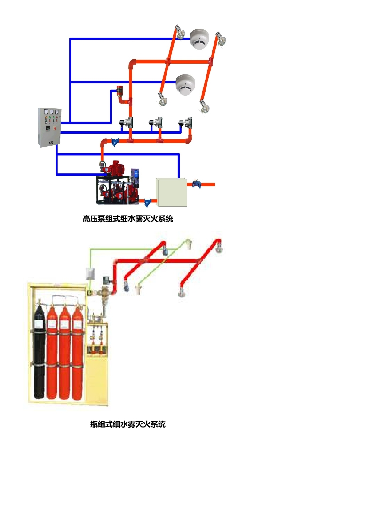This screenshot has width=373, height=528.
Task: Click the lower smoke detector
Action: click(185, 84)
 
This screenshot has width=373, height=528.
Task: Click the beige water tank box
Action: click(172, 191)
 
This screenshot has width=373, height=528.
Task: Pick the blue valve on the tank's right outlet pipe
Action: click(196, 184)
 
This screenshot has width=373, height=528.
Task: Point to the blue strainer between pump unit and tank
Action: click(149, 202)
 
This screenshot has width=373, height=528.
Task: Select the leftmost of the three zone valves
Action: click(127, 123)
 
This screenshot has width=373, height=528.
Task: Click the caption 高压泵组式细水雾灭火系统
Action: click(128, 219)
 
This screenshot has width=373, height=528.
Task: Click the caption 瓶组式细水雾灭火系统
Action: click(128, 424)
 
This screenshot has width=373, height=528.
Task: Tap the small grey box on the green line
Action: click(90, 273)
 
